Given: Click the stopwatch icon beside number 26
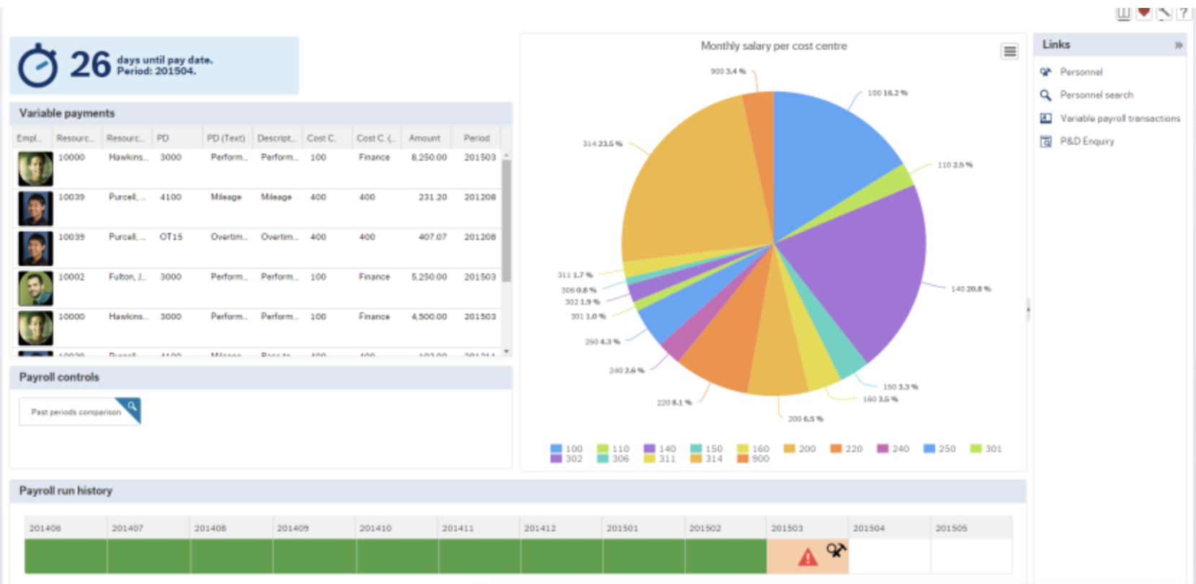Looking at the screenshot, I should (x=37, y=66).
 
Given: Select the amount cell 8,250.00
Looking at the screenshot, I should (x=429, y=157).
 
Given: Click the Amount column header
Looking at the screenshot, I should (x=424, y=138).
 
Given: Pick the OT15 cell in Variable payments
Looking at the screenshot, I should (x=171, y=236).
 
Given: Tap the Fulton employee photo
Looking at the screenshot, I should (x=35, y=288).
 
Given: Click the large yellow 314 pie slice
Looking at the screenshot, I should (x=692, y=187).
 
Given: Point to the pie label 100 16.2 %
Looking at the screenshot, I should (x=887, y=93).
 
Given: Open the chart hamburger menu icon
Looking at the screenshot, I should (x=1009, y=51).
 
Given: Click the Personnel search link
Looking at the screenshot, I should (x=1096, y=95).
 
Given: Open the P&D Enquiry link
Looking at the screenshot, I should (x=1086, y=141).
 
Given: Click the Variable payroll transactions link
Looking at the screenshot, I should (x=1120, y=118).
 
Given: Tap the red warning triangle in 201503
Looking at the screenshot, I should (x=808, y=557).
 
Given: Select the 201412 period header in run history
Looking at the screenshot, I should (x=540, y=528).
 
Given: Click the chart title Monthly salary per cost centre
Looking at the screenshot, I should (x=773, y=46).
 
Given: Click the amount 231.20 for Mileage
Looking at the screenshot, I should (x=432, y=197).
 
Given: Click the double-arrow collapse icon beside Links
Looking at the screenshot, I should (x=1179, y=45).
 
